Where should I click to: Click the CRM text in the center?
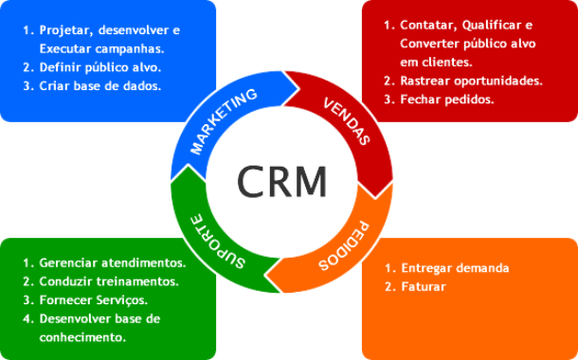coord(281,179)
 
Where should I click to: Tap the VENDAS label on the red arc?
coord(346,120)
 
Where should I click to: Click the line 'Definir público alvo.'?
coord(100,67)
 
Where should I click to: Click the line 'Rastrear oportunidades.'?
coord(472,81)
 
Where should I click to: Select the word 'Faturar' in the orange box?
coord(424,285)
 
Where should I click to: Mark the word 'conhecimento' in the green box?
coord(82,336)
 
